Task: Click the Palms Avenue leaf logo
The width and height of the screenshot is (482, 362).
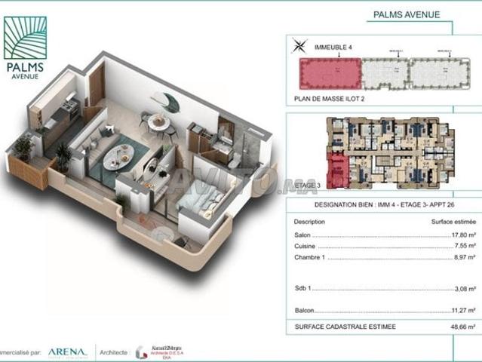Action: [x=25, y=38]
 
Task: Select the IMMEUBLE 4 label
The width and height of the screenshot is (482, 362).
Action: [x=331, y=47]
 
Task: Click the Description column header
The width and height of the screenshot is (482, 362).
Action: [x=309, y=222]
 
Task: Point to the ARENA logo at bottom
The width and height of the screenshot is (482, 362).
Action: [x=68, y=351]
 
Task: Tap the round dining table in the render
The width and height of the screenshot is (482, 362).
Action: [x=158, y=121]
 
